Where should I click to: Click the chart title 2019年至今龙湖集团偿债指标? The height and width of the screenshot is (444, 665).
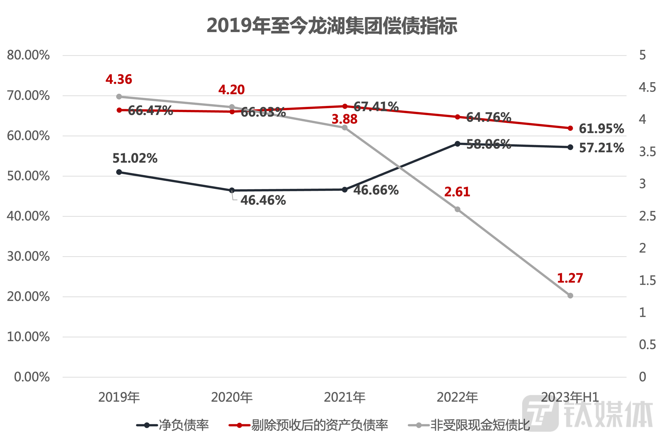click(x=332, y=26)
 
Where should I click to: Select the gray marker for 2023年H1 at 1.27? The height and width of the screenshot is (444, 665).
click(x=570, y=296)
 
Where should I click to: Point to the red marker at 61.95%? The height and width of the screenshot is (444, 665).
click(x=570, y=128)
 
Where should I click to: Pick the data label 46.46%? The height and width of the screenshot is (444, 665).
click(x=263, y=201)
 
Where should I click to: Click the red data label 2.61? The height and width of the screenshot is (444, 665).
click(x=457, y=192)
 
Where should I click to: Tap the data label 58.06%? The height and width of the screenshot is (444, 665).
click(x=488, y=144)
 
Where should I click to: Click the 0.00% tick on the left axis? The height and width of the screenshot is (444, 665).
click(x=32, y=377)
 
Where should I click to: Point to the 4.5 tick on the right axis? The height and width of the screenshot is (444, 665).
click(x=647, y=87)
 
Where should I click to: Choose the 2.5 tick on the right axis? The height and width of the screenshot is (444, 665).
click(x=647, y=216)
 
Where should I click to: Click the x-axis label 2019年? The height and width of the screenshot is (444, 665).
click(x=119, y=397)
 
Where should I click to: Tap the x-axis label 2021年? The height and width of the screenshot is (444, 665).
click(x=344, y=397)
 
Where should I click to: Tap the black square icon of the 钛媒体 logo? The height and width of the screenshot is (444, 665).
click(x=540, y=414)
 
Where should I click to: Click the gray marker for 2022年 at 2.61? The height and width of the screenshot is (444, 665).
click(x=457, y=210)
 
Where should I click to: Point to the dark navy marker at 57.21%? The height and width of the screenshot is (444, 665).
click(x=570, y=147)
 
